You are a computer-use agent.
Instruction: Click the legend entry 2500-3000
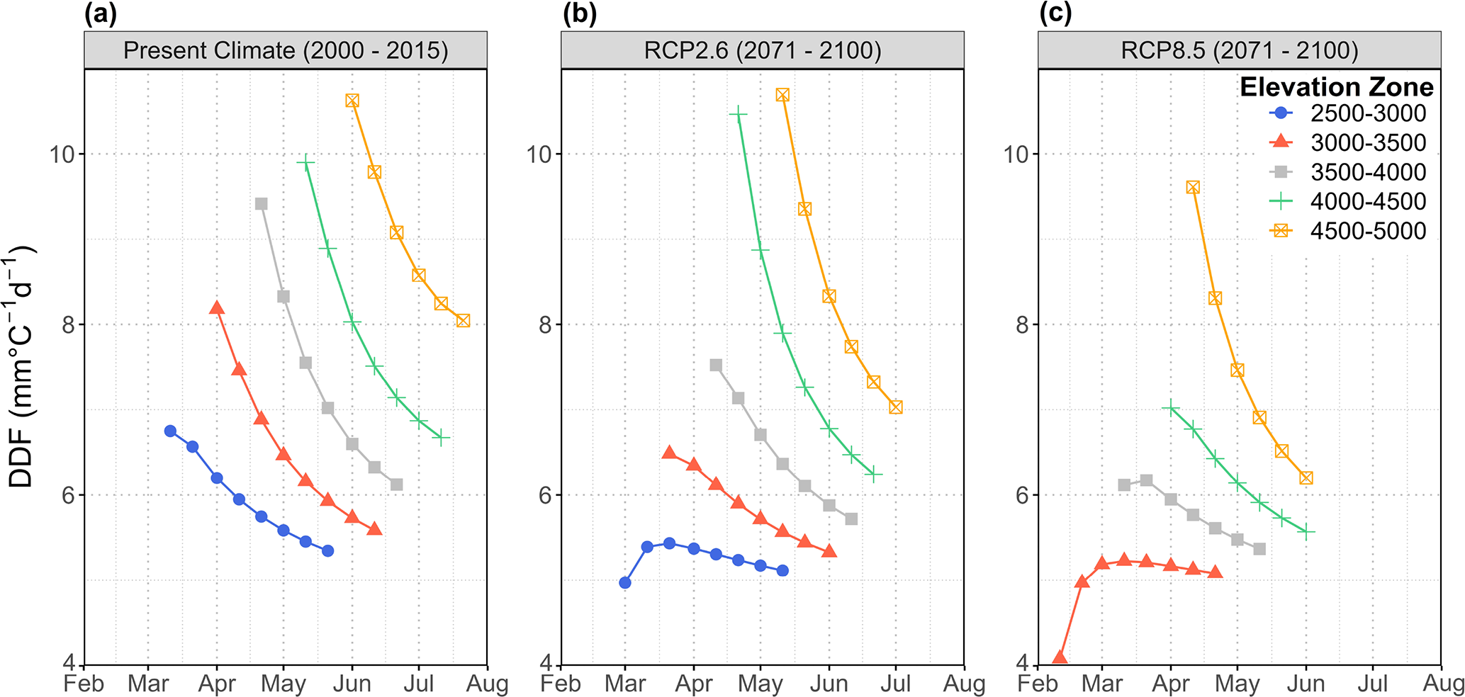click(x=1367, y=113)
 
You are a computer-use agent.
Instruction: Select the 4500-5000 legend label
click(x=1367, y=231)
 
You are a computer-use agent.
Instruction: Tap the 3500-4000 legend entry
click(x=1367, y=172)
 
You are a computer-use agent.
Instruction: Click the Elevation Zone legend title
click(x=1336, y=87)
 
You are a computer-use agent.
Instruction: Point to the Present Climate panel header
click(x=286, y=50)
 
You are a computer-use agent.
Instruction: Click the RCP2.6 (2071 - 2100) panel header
click(x=763, y=50)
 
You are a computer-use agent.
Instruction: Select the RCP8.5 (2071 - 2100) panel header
click(x=1240, y=50)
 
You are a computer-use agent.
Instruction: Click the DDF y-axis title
click(x=21, y=366)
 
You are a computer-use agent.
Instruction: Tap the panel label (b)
click(x=579, y=14)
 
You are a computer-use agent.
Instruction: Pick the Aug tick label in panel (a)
click(x=487, y=684)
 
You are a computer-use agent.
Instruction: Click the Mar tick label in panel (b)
click(x=625, y=684)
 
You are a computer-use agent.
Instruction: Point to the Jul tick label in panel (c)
click(x=1373, y=684)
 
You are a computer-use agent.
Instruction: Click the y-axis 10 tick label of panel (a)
click(x=62, y=154)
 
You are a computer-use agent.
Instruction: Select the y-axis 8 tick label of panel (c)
click(x=1021, y=325)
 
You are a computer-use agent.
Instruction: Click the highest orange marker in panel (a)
click(x=352, y=101)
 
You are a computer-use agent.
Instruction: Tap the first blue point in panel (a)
click(x=170, y=431)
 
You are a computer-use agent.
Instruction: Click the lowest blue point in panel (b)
click(x=625, y=583)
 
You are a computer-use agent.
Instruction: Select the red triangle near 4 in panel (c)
click(x=1060, y=657)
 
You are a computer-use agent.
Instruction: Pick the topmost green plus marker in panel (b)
click(x=739, y=113)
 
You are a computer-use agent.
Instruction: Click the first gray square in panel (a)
click(x=261, y=204)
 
